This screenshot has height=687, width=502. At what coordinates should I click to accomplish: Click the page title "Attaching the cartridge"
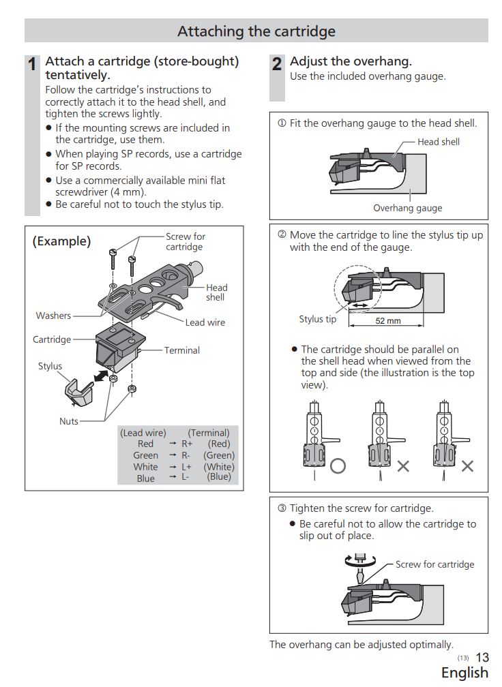(256, 31)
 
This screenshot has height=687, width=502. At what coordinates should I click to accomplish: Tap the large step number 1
(32, 65)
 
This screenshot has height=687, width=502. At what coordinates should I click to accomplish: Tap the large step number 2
(276, 65)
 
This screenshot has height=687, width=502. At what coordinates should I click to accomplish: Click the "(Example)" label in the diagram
(61, 241)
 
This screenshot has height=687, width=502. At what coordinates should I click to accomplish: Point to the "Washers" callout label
(53, 316)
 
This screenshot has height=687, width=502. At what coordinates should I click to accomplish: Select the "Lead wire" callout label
(205, 322)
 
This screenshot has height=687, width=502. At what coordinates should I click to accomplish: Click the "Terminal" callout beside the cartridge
(181, 350)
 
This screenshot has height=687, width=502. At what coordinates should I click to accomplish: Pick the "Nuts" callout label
(69, 421)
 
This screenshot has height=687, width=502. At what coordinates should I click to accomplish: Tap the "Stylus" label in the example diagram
(50, 366)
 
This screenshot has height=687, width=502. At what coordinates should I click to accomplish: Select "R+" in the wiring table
(187, 444)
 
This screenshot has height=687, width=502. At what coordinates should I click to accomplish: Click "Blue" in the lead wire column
(145, 478)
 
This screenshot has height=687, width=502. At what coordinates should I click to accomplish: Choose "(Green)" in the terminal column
(219, 455)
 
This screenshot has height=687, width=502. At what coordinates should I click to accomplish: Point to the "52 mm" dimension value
(388, 321)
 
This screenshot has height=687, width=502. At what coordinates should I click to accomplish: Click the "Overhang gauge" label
(407, 209)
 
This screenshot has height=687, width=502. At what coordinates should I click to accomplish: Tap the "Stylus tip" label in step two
(317, 319)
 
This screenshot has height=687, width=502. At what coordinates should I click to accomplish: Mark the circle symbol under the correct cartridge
(338, 466)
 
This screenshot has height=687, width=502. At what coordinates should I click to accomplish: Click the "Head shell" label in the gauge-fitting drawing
(439, 142)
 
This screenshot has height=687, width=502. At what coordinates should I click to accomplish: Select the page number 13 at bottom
(482, 658)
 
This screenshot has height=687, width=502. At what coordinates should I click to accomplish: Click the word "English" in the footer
(464, 673)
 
